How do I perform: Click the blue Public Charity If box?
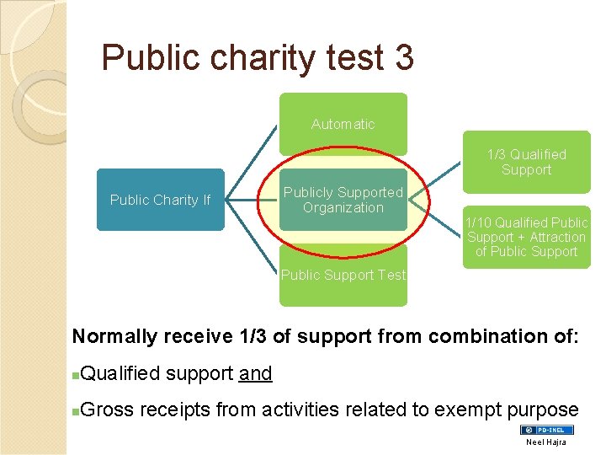pos(160,200)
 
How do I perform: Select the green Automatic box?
pos(343,124)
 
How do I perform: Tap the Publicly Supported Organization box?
pos(343,200)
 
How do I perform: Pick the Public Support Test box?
pos(343,276)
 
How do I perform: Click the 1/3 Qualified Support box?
pos(527,162)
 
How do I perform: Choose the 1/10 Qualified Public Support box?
pos(527,237)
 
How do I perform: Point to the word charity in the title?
pos(259,57)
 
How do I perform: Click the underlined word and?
pos(255,373)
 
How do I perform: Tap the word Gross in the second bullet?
pos(109,410)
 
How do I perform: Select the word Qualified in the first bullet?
pos(120,373)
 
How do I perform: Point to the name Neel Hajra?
pos(547,442)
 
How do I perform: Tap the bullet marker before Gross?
pos(77,411)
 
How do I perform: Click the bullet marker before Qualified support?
pos(77,374)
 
